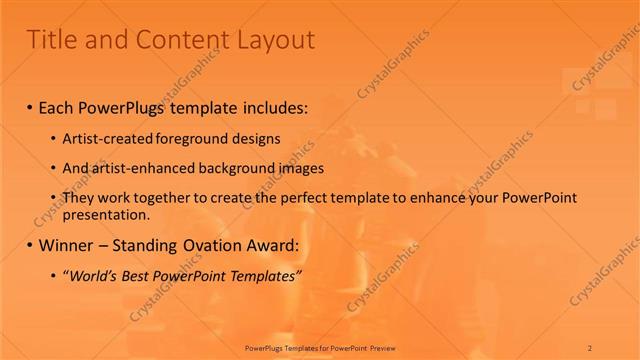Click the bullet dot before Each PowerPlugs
[30, 105]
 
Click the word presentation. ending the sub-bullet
[108, 214]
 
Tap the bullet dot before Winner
[30, 244]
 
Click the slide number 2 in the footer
[591, 346]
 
